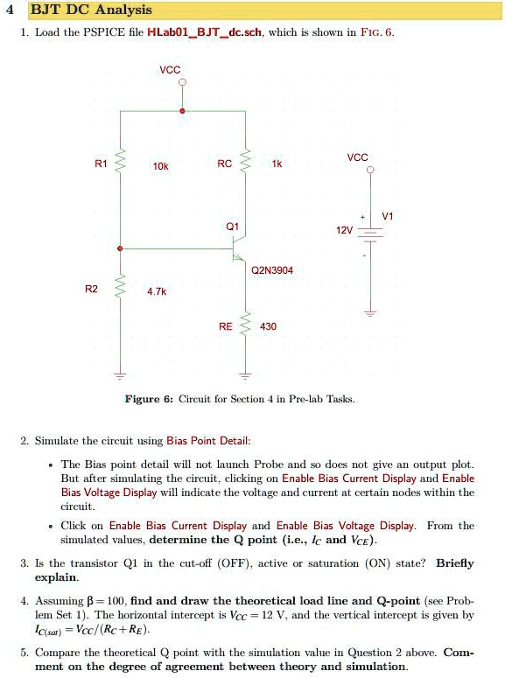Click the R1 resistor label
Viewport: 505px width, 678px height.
coord(101,163)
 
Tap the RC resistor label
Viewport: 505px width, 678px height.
coord(225,163)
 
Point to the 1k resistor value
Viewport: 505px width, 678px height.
coord(277,163)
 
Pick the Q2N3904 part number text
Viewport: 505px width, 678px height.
coord(271,270)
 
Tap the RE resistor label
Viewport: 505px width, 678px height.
coord(226,325)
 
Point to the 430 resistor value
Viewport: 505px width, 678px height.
coord(268,325)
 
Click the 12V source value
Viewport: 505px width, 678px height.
coord(344,230)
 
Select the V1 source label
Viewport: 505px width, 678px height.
coord(389,215)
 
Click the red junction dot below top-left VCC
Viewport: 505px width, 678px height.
coord(182,111)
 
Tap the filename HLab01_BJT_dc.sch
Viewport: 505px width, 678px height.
coord(206,32)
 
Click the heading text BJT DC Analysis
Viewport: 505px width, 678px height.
coord(91,10)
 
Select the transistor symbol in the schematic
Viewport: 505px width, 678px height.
coord(239,255)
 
